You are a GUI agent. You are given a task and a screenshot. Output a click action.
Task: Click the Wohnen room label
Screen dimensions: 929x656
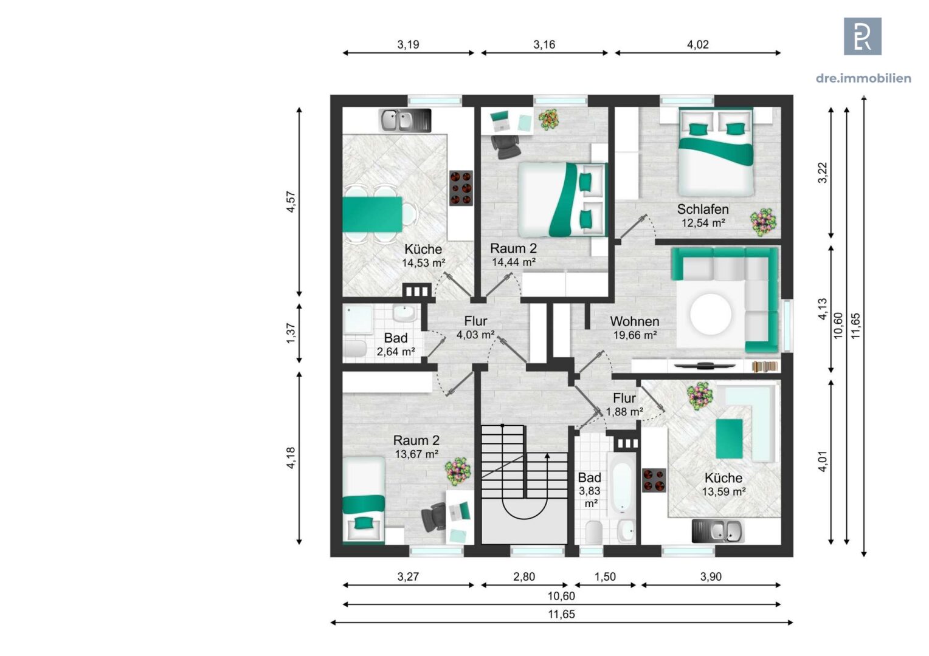click(x=634, y=321)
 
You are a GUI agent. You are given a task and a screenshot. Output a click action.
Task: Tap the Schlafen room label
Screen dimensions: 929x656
click(x=703, y=210)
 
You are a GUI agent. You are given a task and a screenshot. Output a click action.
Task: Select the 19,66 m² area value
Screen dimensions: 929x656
click(x=635, y=335)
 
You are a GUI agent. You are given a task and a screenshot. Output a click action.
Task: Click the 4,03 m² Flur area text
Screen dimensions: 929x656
click(x=475, y=335)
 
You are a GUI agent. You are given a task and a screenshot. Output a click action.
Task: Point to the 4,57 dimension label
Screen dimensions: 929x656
click(x=291, y=202)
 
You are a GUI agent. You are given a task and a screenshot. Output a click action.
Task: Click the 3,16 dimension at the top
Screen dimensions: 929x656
click(x=544, y=44)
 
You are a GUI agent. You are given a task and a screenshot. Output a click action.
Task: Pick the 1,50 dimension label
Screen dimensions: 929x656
click(x=605, y=576)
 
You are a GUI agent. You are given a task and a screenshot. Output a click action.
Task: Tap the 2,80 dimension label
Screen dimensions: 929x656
click(x=524, y=576)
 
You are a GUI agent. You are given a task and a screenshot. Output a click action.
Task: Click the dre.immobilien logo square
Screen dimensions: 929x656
click(x=863, y=36)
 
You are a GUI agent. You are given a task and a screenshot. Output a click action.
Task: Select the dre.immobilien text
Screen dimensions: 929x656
click(x=863, y=78)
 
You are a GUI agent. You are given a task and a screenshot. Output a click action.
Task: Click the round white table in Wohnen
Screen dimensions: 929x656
click(x=711, y=315)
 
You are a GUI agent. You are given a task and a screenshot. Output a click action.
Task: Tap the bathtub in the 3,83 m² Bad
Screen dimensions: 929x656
click(x=621, y=484)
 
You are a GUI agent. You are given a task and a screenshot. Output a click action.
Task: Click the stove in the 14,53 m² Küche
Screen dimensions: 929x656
click(x=461, y=188)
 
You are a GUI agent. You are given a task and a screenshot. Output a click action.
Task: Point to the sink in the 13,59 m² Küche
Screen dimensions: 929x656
click(x=718, y=531)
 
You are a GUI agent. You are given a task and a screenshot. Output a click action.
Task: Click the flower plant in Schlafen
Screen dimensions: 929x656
click(x=764, y=222)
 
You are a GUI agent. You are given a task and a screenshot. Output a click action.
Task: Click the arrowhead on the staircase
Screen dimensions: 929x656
click(x=547, y=456)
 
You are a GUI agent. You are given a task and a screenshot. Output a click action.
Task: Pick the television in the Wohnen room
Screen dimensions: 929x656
click(x=705, y=366)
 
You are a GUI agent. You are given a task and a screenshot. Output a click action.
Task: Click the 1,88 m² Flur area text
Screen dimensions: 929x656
click(x=624, y=412)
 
